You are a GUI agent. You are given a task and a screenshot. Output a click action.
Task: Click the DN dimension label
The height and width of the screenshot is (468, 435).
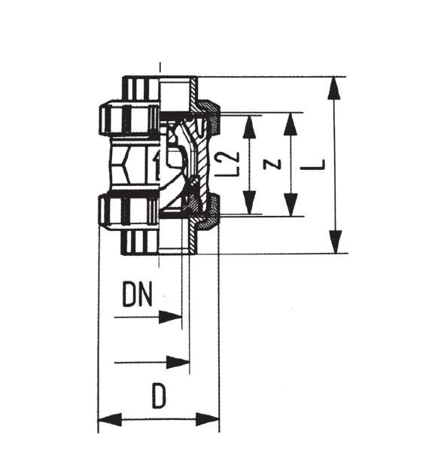point(137,293)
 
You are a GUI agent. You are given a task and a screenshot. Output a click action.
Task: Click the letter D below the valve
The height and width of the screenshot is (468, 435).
point(159,396)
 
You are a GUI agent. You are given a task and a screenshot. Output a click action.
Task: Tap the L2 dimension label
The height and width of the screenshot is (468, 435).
point(231,164)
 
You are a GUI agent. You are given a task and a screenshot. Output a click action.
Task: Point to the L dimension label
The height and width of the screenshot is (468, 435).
point(312,165)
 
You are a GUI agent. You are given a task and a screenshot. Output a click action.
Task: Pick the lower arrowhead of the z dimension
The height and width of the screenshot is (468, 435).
point(291,205)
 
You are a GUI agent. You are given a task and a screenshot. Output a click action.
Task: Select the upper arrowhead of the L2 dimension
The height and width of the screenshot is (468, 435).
point(250,126)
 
